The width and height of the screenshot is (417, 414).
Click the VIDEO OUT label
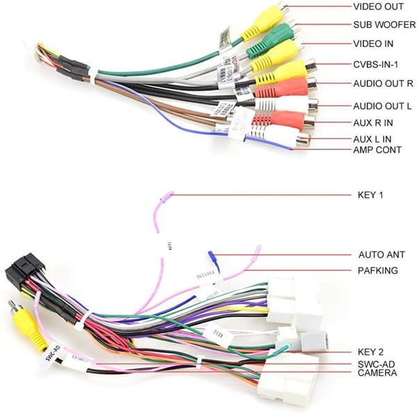point(378,7)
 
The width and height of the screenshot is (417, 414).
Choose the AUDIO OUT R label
point(383,84)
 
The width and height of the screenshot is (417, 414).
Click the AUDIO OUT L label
point(382,106)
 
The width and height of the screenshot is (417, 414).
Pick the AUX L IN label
point(372,139)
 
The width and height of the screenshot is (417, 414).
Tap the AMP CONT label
point(377,149)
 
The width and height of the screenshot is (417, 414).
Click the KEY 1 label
point(370,195)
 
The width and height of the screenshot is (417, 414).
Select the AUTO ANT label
point(381,255)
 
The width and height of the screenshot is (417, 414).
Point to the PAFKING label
point(377,270)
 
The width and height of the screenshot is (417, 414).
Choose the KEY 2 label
point(370,352)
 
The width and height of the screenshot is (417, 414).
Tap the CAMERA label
point(377,373)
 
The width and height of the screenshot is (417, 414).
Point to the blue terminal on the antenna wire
point(214,261)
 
